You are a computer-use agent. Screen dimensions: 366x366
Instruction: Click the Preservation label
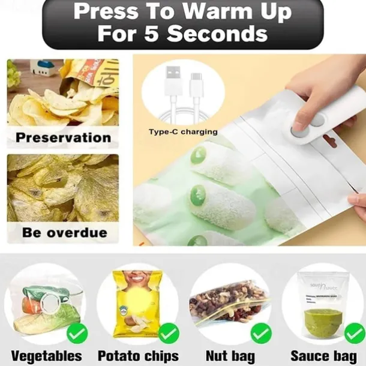(x=63, y=137)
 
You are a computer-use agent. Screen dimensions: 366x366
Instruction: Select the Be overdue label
(x=65, y=232)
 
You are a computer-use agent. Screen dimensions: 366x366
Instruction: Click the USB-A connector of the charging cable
(x=170, y=82)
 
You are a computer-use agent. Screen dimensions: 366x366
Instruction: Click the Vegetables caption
(x=46, y=355)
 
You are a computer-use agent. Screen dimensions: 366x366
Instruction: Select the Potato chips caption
(x=139, y=355)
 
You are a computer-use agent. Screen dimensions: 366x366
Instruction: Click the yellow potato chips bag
(x=137, y=303)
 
